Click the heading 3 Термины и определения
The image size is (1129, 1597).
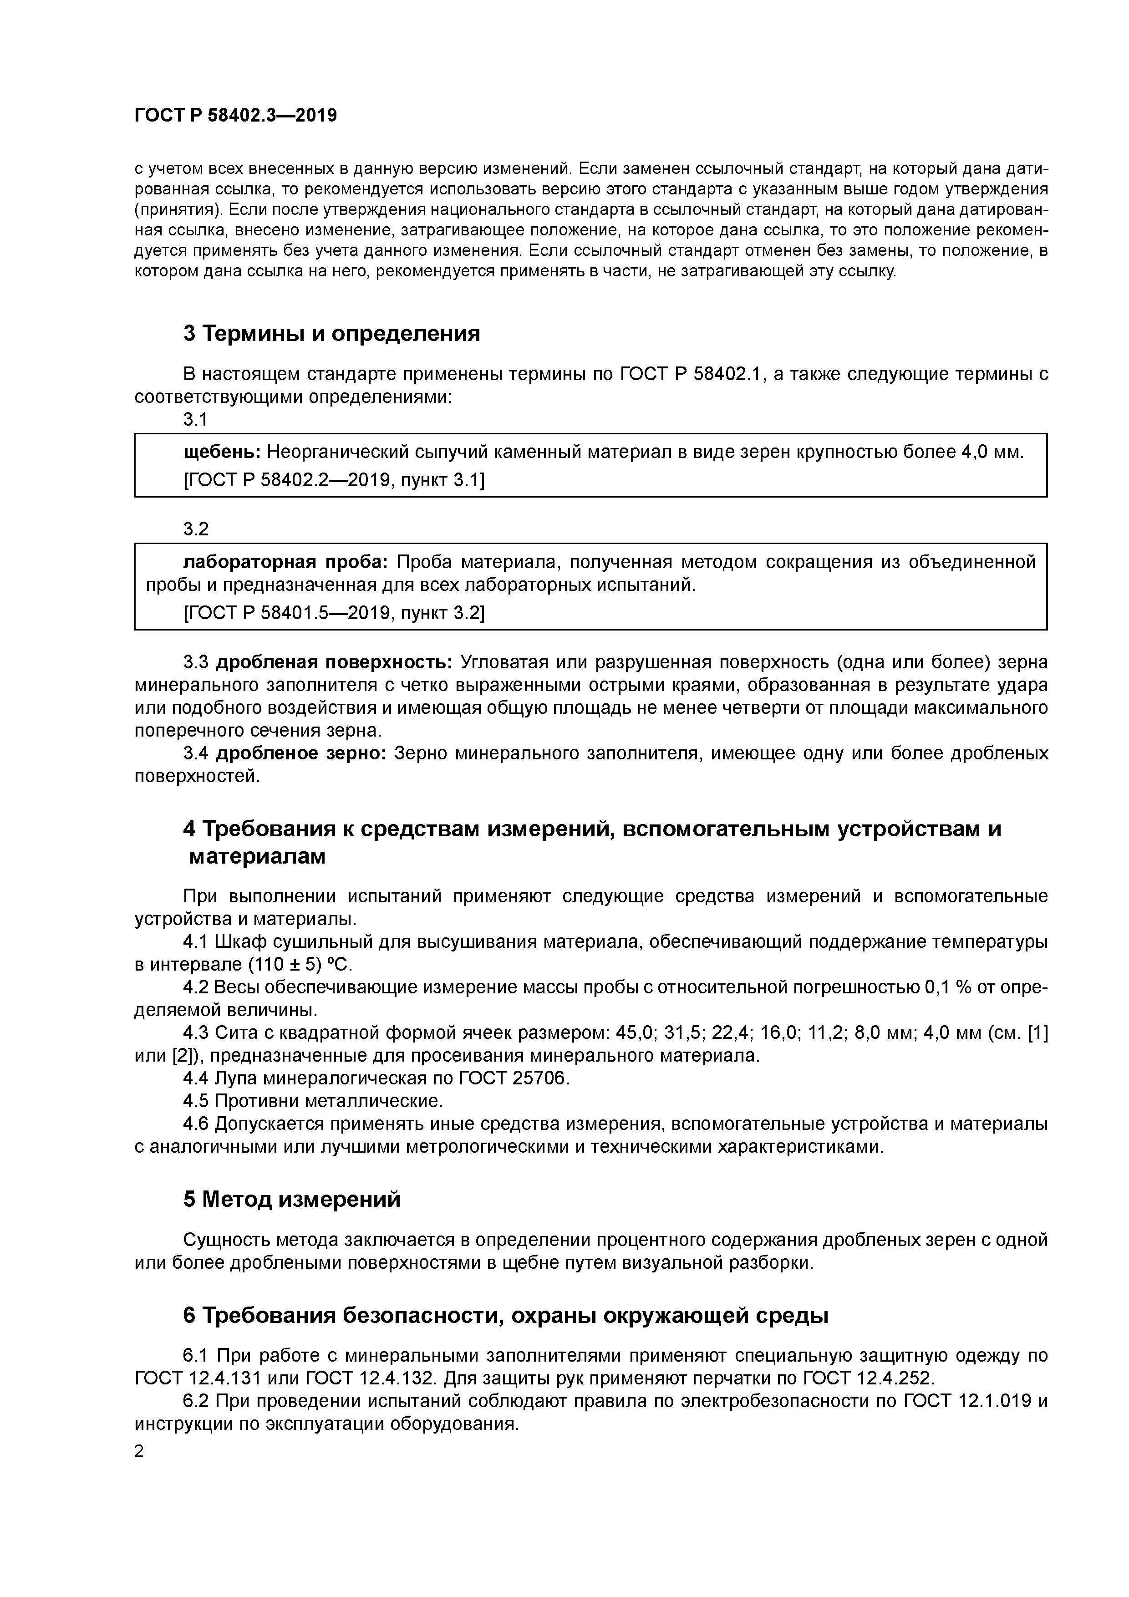click(331, 334)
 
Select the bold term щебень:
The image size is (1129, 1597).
click(222, 452)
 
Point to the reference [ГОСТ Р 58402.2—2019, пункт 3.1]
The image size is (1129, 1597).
click(334, 480)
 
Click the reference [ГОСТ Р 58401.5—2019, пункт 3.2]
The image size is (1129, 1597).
click(334, 613)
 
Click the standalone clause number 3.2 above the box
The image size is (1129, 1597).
click(195, 529)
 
